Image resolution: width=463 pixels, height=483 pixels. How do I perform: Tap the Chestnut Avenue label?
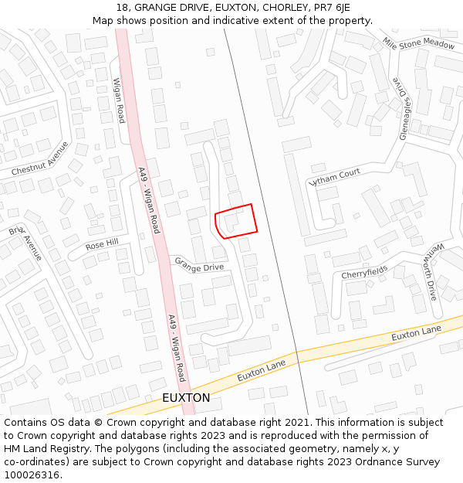40,158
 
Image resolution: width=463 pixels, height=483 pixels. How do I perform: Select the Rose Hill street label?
102,244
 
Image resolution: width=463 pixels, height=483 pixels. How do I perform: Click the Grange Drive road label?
199,267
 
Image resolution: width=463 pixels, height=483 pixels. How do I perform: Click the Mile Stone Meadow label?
418,44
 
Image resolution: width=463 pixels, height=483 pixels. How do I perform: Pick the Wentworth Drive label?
432,271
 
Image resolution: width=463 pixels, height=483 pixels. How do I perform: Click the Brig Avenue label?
25,243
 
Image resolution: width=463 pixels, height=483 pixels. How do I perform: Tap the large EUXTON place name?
186,397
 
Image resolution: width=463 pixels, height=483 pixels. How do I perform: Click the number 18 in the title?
122,8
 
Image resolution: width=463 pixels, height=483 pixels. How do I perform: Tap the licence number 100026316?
32,474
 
